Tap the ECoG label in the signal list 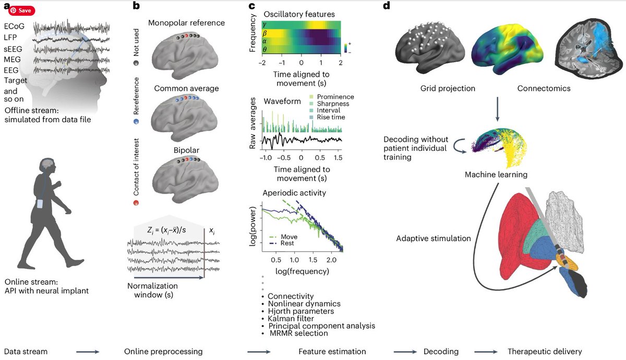tap(14, 26)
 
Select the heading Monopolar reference tap(186, 23)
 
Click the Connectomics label tap(544, 88)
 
